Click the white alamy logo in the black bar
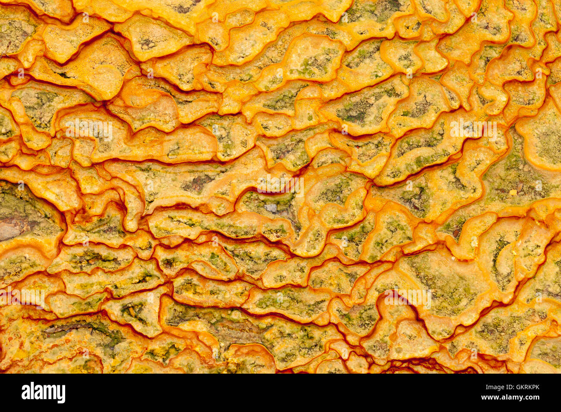coord(44,393)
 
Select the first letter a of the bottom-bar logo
coord(25,393)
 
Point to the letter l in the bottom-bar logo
coord(32,392)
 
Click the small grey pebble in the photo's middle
coord(271,208)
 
